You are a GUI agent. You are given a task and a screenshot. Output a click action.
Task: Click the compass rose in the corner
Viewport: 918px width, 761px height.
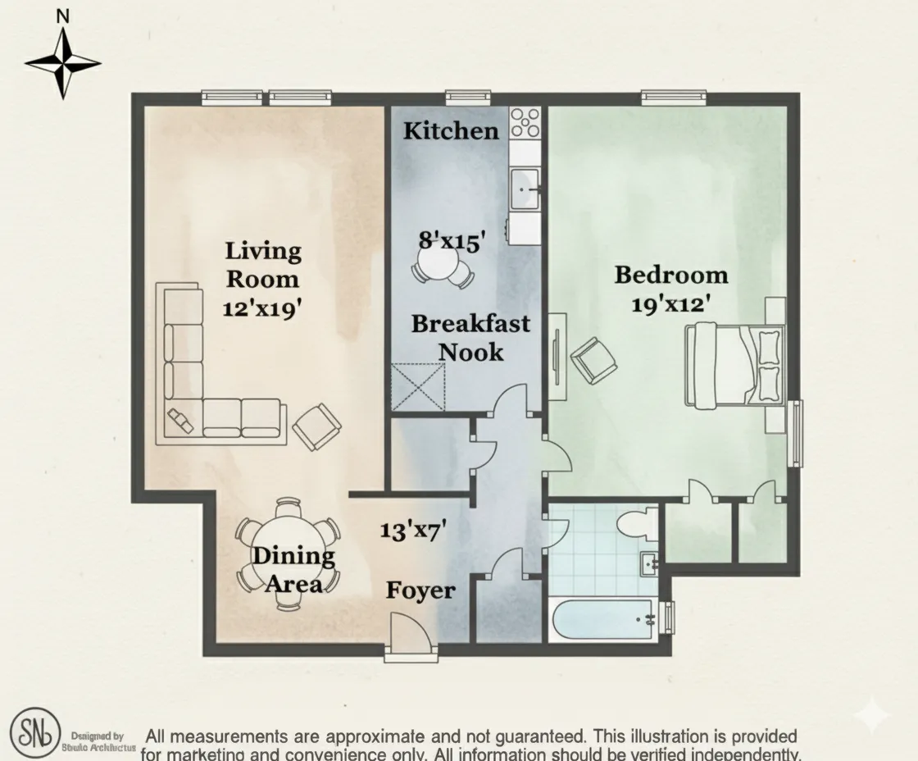(62, 62)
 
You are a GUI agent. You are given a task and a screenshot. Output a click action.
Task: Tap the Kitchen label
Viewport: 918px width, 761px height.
(451, 130)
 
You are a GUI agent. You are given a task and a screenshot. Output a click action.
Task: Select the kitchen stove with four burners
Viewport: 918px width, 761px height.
(525, 123)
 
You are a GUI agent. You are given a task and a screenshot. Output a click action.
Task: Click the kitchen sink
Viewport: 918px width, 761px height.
(525, 189)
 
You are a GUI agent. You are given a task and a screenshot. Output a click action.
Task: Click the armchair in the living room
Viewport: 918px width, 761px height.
(317, 427)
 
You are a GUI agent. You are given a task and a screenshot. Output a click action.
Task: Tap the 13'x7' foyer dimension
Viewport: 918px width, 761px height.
(411, 531)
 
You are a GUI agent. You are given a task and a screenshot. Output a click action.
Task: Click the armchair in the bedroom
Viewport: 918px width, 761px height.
(593, 361)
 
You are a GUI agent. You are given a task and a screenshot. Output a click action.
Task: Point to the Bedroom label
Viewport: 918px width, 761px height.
(670, 275)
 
